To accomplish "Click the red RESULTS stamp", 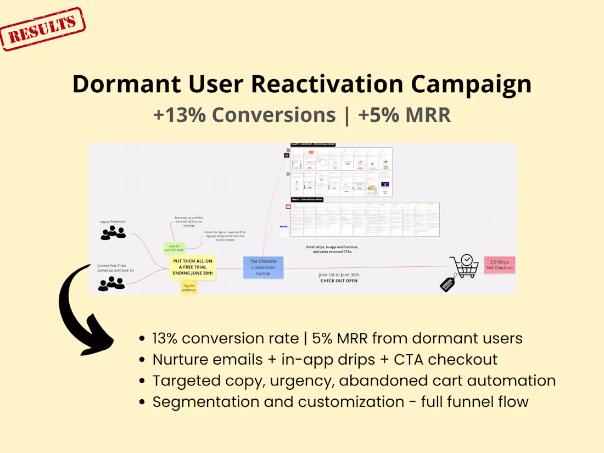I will (x=43, y=29).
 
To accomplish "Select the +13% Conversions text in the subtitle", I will (x=244, y=115).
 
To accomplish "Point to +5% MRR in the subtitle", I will (x=404, y=115).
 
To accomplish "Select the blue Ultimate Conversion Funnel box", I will (x=264, y=267).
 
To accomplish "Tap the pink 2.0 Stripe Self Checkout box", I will (x=499, y=265).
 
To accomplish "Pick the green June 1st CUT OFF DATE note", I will (x=175, y=248).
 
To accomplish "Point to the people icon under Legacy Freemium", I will (x=113, y=233).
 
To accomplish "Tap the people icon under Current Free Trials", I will (x=111, y=283).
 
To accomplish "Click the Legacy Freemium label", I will (x=113, y=221).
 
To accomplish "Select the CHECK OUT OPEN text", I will (x=339, y=281).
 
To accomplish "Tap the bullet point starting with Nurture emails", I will (x=325, y=360).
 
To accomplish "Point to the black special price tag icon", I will (x=448, y=282).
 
